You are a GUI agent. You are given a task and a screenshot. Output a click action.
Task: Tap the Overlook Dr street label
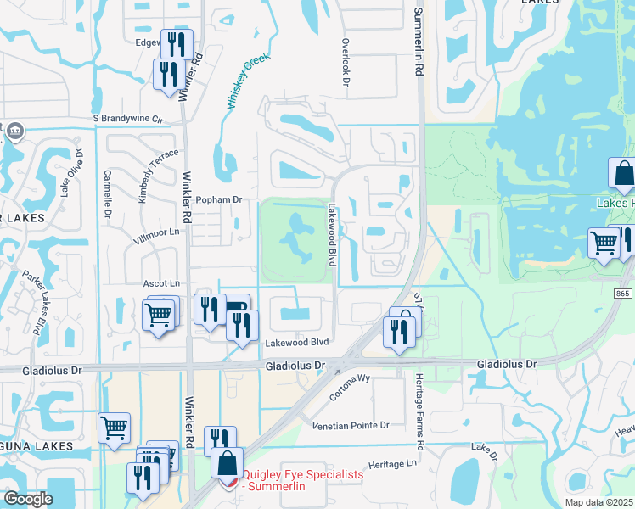tap(346, 62)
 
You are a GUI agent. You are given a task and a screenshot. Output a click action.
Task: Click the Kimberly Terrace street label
tap(159, 175)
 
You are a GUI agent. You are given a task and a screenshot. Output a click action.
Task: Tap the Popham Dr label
tap(219, 199)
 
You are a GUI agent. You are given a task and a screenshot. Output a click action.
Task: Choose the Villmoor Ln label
tap(158, 232)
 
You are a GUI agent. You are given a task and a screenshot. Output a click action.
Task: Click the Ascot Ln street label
tap(164, 282)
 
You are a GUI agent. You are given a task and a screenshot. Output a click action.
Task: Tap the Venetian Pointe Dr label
tap(351, 425)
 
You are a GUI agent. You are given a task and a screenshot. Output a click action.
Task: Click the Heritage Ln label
tap(394, 464)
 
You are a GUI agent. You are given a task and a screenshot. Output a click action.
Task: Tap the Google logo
tap(28, 498)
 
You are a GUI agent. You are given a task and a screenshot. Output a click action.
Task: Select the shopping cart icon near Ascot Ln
tap(159, 315)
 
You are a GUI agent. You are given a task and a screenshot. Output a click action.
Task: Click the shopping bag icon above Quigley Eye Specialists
tap(227, 463)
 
